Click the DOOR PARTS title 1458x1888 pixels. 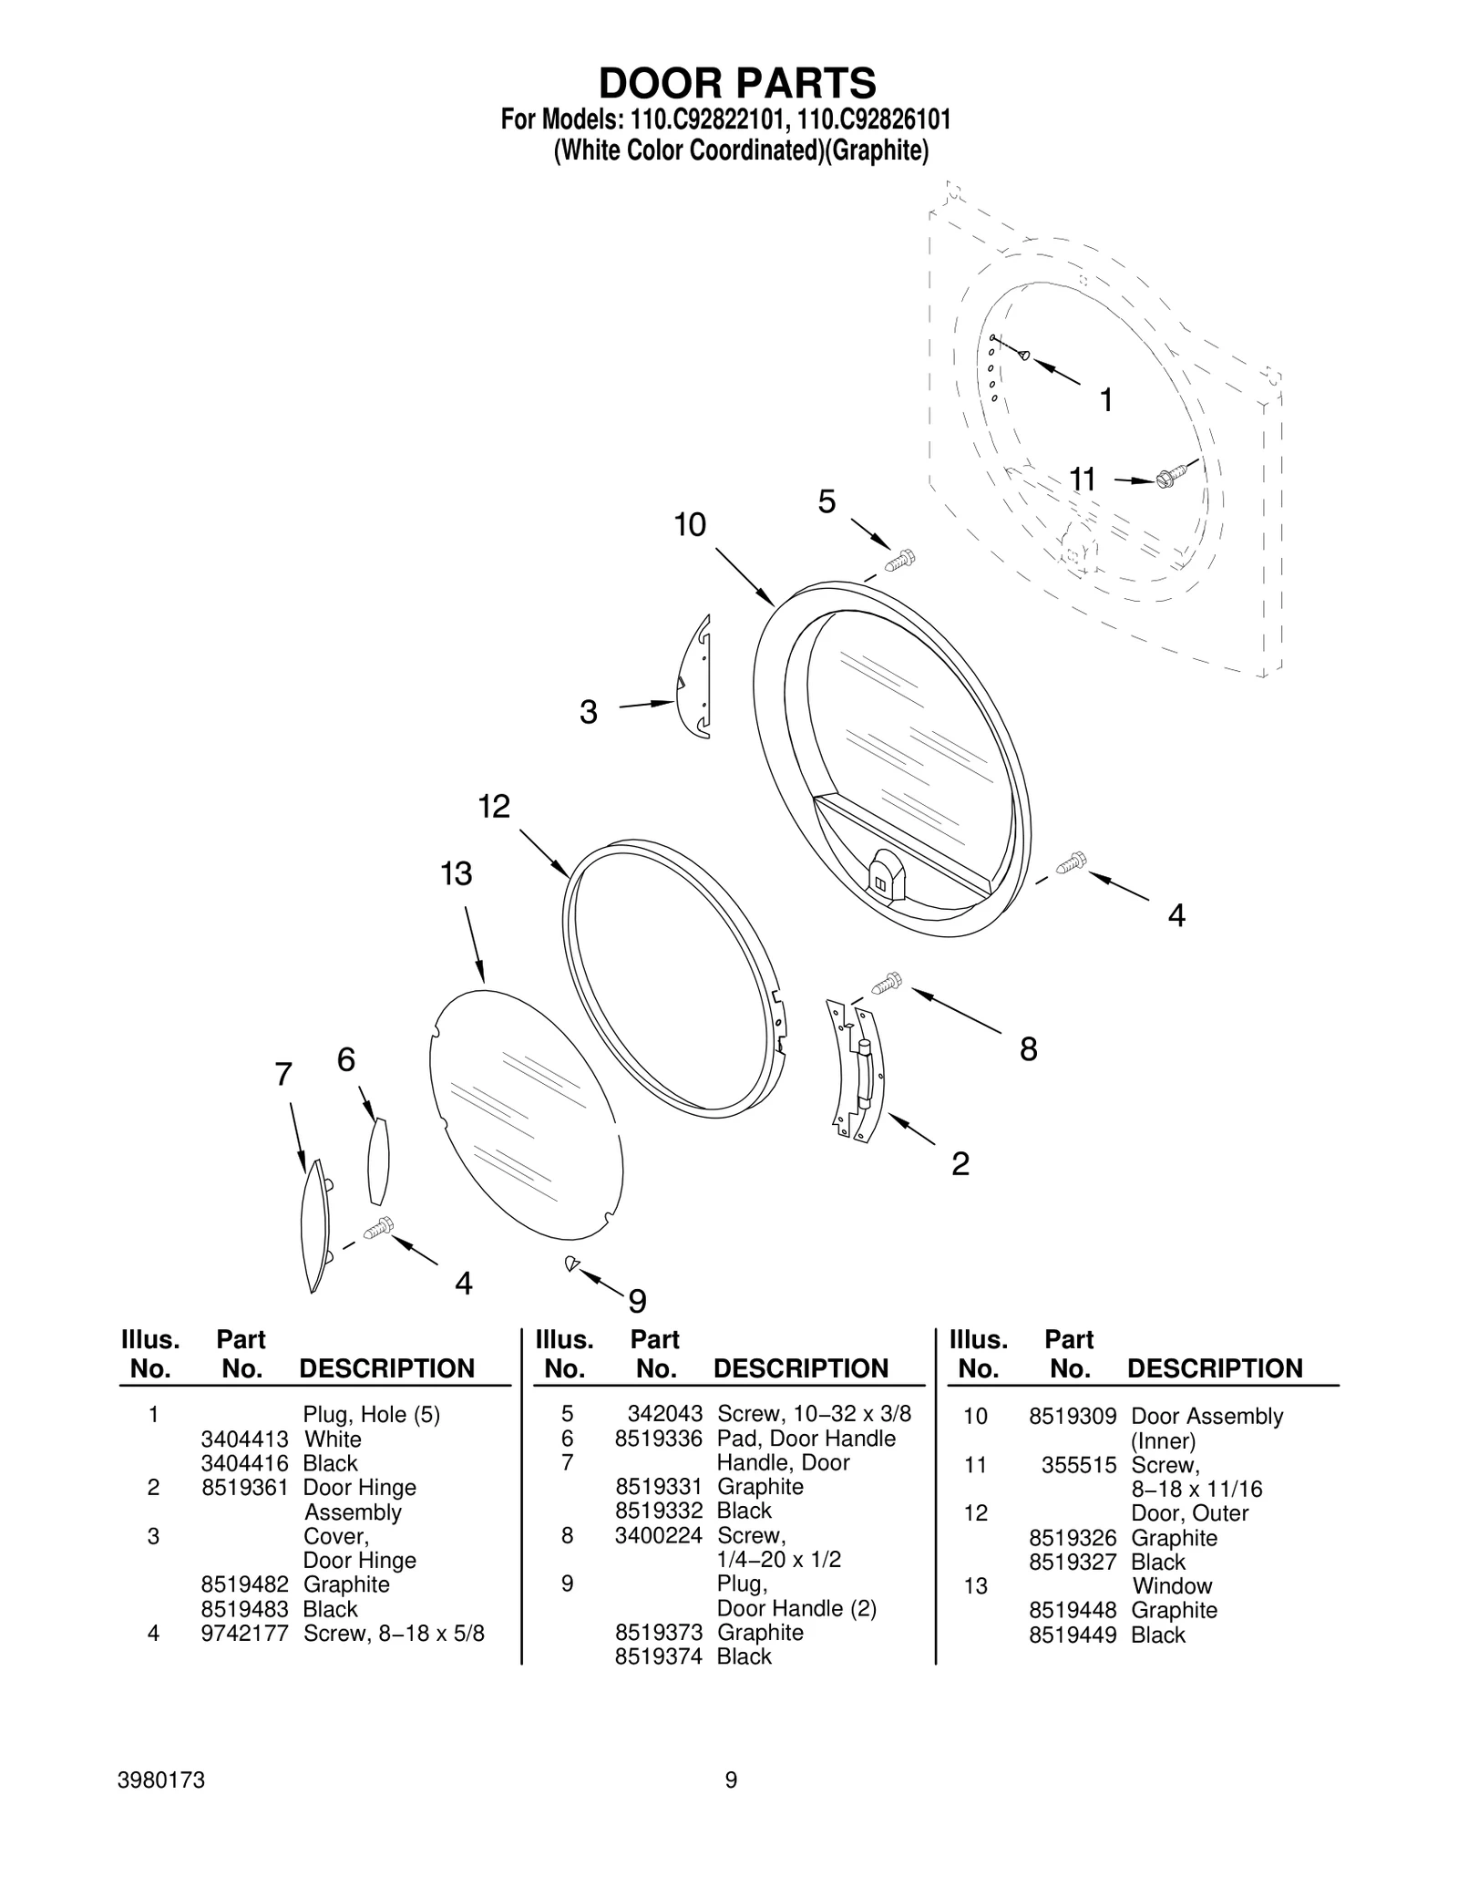click(x=736, y=83)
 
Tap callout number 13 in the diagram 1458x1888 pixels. click(x=457, y=874)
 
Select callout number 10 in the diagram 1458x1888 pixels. click(x=690, y=525)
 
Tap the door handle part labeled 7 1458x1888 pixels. click(x=314, y=1225)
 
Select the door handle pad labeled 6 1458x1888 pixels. click(x=378, y=1161)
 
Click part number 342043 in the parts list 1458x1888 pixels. click(x=664, y=1414)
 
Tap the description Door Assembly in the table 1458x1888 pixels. click(x=1206, y=1417)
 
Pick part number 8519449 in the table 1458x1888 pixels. click(x=1072, y=1635)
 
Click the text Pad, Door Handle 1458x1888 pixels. click(x=806, y=1439)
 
